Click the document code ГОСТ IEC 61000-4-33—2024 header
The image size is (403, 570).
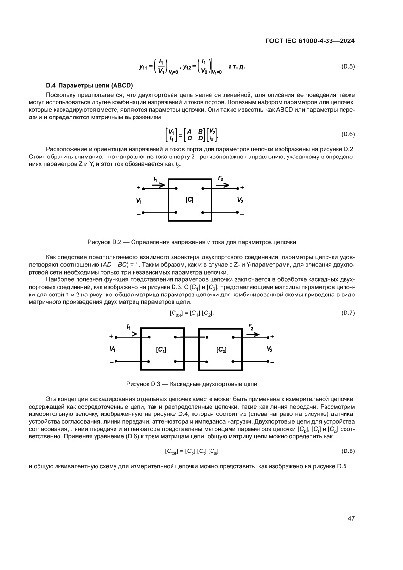click(x=309, y=41)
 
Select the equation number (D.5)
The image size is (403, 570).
click(x=348, y=66)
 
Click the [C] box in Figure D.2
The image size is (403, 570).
click(x=190, y=200)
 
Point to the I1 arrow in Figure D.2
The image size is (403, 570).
click(x=158, y=184)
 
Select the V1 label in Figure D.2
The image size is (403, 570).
click(x=140, y=200)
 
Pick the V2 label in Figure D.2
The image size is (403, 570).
click(x=240, y=200)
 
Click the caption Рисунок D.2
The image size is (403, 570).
click(x=192, y=241)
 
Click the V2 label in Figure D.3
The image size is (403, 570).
click(x=269, y=350)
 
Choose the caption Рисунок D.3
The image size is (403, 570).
click(x=192, y=384)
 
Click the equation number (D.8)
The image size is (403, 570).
click(x=348, y=452)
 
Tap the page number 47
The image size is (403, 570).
click(x=351, y=518)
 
